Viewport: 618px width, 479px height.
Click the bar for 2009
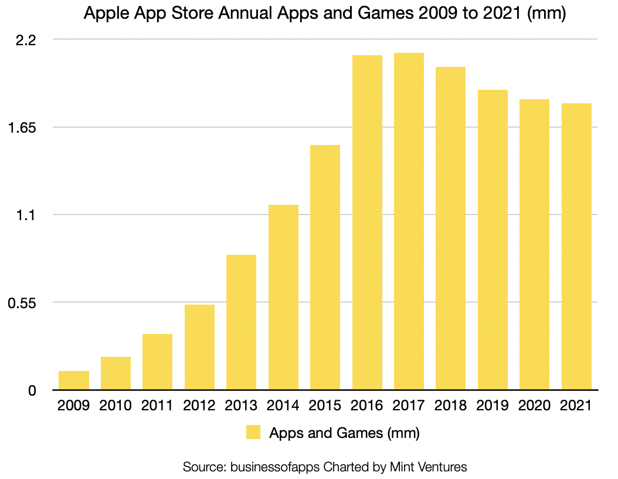(74, 380)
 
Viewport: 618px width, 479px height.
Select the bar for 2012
(199, 347)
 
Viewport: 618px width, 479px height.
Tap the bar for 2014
(283, 297)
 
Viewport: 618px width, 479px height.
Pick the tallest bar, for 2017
(409, 221)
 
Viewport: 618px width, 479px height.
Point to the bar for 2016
(367, 222)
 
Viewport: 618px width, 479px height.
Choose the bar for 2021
(576, 247)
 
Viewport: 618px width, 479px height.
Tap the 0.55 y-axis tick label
(21, 303)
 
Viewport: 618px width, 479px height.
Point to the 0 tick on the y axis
(33, 390)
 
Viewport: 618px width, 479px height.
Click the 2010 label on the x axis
(116, 406)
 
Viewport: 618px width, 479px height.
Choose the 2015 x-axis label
(325, 406)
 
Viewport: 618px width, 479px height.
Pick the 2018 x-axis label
(450, 406)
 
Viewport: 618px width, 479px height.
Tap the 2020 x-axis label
(534, 406)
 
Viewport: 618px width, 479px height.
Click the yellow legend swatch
(253, 433)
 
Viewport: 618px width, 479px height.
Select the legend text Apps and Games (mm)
(344, 434)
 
